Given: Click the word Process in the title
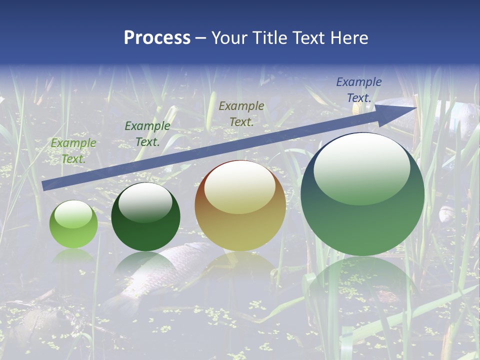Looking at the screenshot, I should coord(157,38).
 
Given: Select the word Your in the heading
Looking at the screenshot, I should coord(229,38).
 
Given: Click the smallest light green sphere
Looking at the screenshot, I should coord(73,224).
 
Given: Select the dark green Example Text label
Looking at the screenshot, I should coord(147,134).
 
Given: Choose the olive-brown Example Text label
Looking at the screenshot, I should coord(241,113).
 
